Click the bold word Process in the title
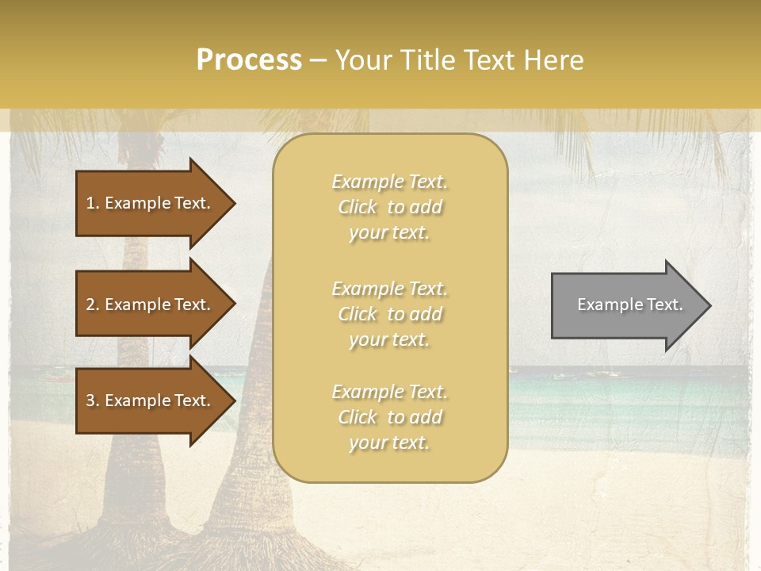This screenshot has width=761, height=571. point(249,60)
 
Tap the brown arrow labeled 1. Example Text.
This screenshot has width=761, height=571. point(151,203)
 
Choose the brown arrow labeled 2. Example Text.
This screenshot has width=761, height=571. point(151,305)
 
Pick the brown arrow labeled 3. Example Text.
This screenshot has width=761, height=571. point(151,400)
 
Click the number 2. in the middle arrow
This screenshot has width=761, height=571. point(93,305)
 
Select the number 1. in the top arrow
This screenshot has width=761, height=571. point(93,203)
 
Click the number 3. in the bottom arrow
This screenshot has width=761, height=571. point(93,400)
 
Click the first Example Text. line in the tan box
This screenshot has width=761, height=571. point(389,182)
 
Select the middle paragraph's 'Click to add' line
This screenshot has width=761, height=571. point(389,314)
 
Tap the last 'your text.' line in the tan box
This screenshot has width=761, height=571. point(389,443)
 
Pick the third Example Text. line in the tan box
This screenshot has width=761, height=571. point(389,392)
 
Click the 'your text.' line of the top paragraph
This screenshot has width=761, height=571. point(389,232)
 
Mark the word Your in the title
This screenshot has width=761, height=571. point(365,60)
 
